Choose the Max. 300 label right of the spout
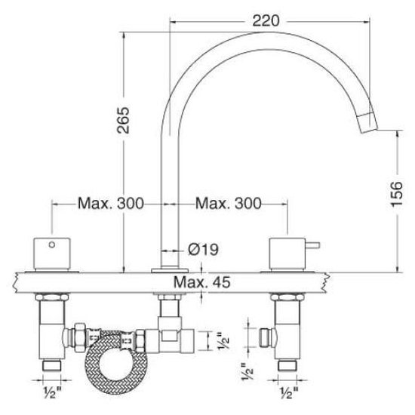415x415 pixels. (228, 204)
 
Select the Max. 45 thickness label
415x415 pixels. (200, 282)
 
